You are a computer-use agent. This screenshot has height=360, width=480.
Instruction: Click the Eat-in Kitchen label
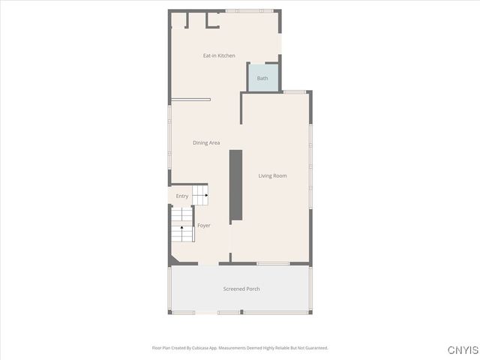pyautogui.click(x=219, y=55)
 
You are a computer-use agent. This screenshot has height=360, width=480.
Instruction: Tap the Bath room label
pyautogui.click(x=262, y=78)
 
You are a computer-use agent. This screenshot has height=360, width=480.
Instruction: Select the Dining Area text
pyautogui.click(x=206, y=142)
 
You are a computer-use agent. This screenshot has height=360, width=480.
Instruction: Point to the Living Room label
pyautogui.click(x=273, y=175)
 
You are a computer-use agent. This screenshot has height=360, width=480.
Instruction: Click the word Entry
pyautogui.click(x=182, y=196)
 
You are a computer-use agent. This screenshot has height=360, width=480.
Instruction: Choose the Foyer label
pyautogui.click(x=203, y=225)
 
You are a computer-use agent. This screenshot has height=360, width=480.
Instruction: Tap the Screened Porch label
pyautogui.click(x=241, y=289)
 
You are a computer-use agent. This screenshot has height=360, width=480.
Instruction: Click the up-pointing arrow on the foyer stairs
pyautogui.click(x=181, y=226)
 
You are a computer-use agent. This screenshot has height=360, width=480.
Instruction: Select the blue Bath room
pyautogui.click(x=263, y=77)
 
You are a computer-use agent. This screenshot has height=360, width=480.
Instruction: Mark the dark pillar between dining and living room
pyautogui.click(x=235, y=184)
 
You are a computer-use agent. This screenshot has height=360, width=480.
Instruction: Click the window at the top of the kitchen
pyautogui.click(x=250, y=10)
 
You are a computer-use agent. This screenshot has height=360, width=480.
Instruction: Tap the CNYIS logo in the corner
pyautogui.click(x=462, y=350)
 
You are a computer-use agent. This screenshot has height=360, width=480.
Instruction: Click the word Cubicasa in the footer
pyautogui.click(x=201, y=348)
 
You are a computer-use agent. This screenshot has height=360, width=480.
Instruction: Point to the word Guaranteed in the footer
pyautogui.click(x=315, y=348)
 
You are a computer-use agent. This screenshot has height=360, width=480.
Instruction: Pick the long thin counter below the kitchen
pyautogui.click(x=191, y=99)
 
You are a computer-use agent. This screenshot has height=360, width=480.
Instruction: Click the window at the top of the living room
pyautogui.click(x=294, y=91)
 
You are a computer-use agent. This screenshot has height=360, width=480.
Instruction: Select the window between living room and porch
pyautogui.click(x=273, y=263)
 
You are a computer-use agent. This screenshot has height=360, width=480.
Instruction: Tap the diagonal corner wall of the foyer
pyautogui.click(x=174, y=259)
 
